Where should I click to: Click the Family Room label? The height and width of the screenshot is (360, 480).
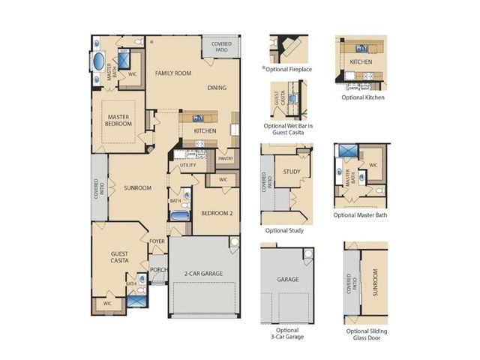pos(173,73)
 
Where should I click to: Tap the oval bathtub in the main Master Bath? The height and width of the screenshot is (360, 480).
pos(99,61)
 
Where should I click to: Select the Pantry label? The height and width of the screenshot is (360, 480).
pos(226,158)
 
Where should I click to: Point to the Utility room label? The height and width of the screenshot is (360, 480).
pos(187,165)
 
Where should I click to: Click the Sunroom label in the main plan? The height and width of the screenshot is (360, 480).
pos(137,187)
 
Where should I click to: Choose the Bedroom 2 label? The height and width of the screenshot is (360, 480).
pos(217,213)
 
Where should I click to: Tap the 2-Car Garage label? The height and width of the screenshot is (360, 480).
pos(203,273)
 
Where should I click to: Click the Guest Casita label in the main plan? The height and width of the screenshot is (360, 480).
pos(119,256)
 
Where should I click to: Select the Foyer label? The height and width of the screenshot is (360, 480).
pos(157,241)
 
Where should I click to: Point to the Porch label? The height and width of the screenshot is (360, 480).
pos(159,270)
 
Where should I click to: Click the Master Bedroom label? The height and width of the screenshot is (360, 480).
pos(118,120)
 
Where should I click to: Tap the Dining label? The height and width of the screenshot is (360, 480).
pos(217,88)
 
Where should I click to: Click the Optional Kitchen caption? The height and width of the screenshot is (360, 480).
pos(363,97)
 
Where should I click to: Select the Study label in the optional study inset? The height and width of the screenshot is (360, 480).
pos(292,172)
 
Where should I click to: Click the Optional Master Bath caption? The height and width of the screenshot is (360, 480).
pos(360,215)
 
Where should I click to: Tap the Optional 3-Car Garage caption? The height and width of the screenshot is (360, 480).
pos(287,333)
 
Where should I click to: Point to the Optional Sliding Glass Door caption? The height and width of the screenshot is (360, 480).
pos(367,334)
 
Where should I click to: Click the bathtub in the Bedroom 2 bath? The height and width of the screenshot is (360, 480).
pos(180,216)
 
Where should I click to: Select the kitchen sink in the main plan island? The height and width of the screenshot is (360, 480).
pos(198,118)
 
